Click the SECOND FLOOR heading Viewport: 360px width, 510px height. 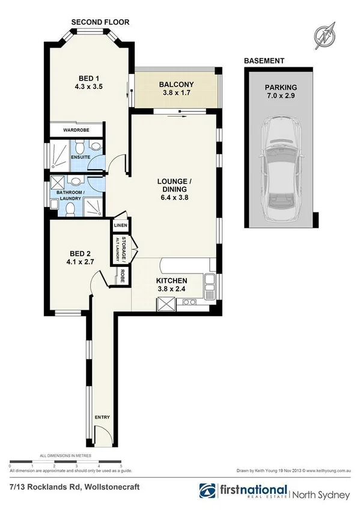[100, 22]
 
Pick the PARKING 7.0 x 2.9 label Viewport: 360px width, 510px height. [281, 91]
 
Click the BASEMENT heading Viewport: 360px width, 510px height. [264, 61]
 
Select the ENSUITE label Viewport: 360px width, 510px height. [81, 158]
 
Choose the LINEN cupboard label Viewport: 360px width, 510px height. [119, 226]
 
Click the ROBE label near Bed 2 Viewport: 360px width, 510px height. [123, 276]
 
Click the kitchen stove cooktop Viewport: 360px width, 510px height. [186, 303]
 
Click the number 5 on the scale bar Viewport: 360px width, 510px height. [122, 467]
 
